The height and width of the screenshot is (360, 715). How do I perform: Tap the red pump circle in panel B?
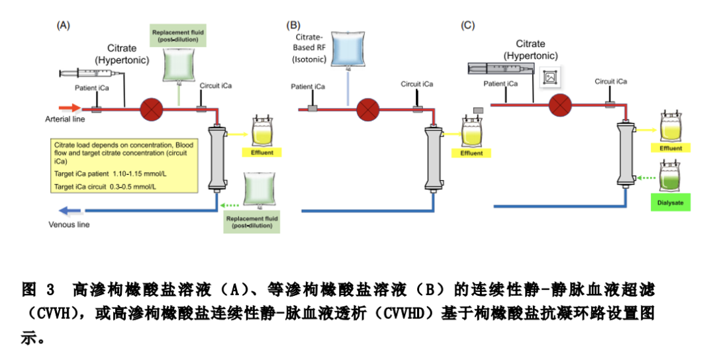point(365,109)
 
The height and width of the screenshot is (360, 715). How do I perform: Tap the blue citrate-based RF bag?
point(348,50)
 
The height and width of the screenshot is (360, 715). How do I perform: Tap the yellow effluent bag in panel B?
point(471,132)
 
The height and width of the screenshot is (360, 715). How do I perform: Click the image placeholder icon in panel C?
point(549,77)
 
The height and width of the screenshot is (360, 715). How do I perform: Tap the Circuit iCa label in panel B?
point(417,84)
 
